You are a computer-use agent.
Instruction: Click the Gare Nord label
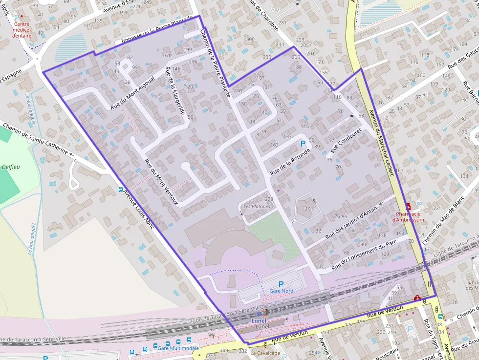(x=281, y=291)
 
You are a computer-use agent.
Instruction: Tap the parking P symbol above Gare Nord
(x=281, y=284)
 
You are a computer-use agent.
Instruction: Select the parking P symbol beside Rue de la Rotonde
(x=303, y=144)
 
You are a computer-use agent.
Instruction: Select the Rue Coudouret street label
(x=346, y=141)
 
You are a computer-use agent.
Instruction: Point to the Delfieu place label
(x=11, y=167)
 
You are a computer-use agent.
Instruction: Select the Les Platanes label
(x=257, y=207)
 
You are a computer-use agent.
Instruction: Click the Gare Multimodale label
(x=178, y=348)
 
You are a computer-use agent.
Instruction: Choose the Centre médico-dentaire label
(x=22, y=30)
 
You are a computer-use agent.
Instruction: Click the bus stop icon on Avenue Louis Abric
(x=121, y=190)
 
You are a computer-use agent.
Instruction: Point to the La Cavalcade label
(x=265, y=353)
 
